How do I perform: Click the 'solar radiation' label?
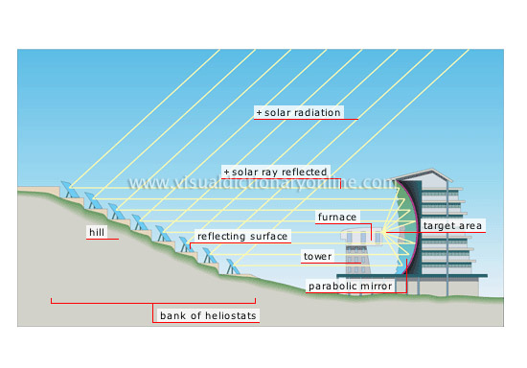(301, 112)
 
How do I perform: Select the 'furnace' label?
(337, 217)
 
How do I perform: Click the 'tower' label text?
(316, 257)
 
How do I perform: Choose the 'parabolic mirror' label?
(350, 286)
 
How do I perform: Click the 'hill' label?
(95, 233)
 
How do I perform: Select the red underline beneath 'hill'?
(102, 241)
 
